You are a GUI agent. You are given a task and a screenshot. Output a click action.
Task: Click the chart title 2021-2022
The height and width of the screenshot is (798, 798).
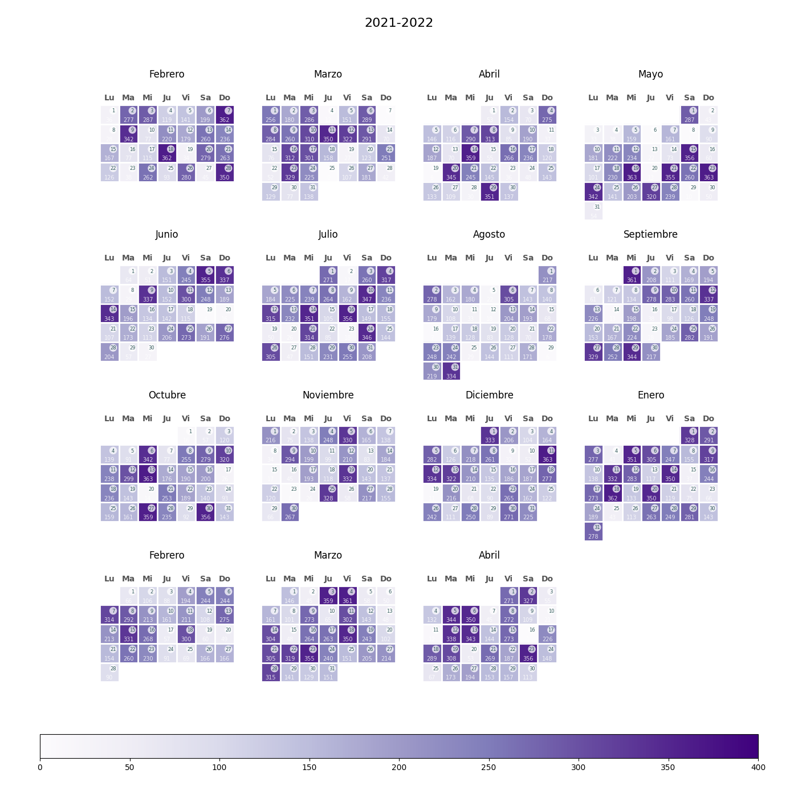click(399, 23)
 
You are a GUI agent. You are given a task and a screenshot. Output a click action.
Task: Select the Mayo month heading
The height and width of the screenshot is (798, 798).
click(650, 74)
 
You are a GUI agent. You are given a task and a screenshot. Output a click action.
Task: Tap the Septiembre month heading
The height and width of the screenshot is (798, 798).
click(650, 234)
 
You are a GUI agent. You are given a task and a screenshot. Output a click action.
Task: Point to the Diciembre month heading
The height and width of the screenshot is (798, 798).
click(489, 395)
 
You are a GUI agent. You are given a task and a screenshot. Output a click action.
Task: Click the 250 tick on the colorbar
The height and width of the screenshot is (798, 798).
click(488, 767)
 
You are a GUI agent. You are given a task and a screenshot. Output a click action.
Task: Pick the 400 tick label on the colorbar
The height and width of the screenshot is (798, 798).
click(758, 767)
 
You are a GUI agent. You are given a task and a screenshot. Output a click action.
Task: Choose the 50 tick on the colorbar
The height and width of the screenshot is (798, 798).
click(129, 767)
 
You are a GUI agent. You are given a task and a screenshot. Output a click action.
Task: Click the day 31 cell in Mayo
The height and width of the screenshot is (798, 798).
click(593, 211)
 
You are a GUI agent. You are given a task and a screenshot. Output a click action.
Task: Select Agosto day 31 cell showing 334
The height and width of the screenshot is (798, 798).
click(451, 371)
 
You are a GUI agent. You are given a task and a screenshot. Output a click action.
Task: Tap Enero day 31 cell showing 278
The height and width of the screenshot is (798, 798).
click(593, 531)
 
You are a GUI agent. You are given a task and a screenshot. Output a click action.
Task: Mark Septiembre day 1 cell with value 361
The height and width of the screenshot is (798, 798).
click(632, 275)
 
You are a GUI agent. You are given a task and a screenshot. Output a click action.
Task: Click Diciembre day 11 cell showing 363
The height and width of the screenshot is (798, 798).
click(547, 455)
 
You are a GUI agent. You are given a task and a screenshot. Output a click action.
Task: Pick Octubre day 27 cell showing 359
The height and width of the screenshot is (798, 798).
click(148, 512)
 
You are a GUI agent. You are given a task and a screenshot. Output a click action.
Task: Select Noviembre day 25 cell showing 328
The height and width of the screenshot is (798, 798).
click(328, 493)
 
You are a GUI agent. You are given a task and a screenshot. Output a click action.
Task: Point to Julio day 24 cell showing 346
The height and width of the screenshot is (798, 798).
click(367, 333)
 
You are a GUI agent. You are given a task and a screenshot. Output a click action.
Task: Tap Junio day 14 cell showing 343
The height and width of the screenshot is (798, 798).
click(109, 313)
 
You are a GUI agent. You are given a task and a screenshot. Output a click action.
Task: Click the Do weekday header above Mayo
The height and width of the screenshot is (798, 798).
click(708, 97)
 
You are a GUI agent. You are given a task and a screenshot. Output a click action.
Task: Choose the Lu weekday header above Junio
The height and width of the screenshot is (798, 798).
click(109, 258)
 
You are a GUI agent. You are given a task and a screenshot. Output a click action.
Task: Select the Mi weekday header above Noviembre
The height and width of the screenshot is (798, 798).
click(309, 418)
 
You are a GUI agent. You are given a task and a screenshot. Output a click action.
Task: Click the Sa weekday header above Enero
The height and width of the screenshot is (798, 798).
click(689, 418)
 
